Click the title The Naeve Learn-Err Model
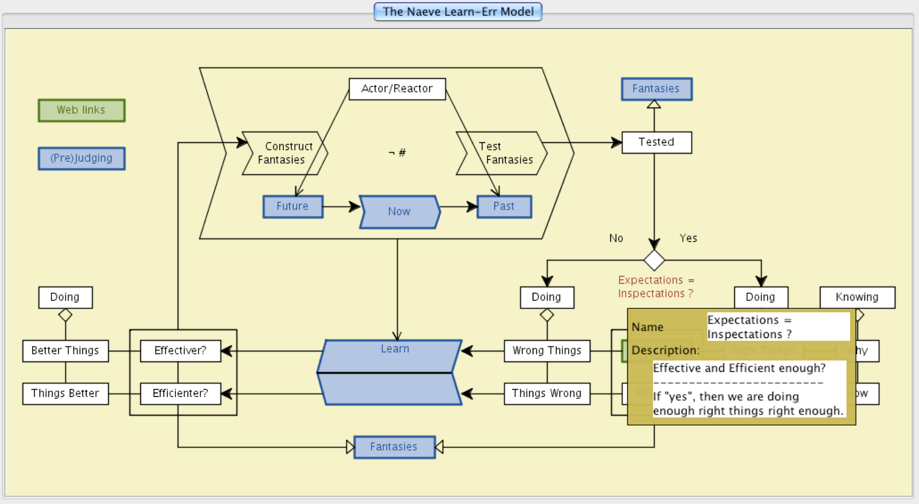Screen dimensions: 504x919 point(458,12)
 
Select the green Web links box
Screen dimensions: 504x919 point(81,110)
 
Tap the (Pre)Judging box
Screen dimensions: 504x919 point(81,158)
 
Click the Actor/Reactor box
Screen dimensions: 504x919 point(397,89)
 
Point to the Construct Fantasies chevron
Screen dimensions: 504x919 point(284,153)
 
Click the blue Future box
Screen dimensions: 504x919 point(293,207)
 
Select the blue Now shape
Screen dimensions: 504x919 point(399,212)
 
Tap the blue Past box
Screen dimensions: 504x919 point(504,207)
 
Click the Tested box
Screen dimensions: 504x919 point(656,142)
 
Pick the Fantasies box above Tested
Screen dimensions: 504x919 point(656,89)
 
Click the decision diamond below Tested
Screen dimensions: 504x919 point(654,260)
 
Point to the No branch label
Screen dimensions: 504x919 point(616,238)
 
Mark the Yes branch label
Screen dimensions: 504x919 point(688,238)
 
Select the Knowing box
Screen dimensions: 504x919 point(857,297)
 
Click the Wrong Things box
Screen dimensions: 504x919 point(547,351)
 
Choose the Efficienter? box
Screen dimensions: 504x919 point(180,394)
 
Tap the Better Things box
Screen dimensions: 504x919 point(65,351)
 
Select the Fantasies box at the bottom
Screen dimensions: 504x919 point(394,447)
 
